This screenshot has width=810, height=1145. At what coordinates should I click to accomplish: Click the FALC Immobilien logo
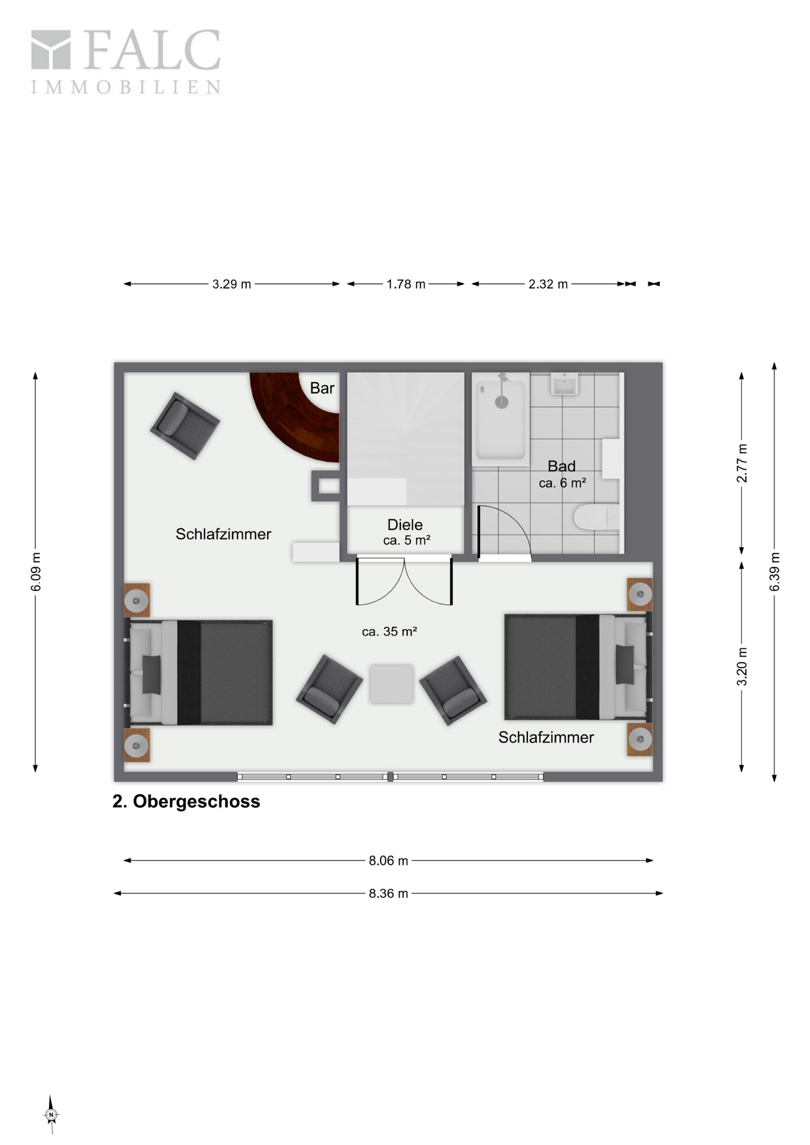126,62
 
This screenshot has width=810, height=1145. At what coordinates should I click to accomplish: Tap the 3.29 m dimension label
231,284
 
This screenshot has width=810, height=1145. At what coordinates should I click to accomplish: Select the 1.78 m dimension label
406,284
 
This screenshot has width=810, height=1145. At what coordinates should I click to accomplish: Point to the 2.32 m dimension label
548,284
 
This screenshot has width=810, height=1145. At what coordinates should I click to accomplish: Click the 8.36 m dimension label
388,893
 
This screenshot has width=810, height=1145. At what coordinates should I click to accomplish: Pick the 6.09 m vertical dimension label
36,572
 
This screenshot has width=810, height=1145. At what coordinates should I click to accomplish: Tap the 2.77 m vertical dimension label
741,463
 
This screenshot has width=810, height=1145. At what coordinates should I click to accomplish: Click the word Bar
322,388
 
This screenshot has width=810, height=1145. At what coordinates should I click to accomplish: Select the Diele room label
405,525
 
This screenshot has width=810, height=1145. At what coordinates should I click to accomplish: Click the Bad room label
561,466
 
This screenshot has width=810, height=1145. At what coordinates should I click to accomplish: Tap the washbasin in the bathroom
564,384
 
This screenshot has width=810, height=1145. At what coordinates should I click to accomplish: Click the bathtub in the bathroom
500,419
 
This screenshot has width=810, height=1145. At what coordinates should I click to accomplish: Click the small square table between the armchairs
391,684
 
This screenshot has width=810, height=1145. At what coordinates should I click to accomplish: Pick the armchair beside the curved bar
185,425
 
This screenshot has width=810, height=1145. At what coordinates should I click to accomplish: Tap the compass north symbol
51,1114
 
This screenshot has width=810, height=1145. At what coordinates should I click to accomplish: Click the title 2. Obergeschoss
186,801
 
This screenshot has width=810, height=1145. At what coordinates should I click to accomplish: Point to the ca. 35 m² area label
389,632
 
